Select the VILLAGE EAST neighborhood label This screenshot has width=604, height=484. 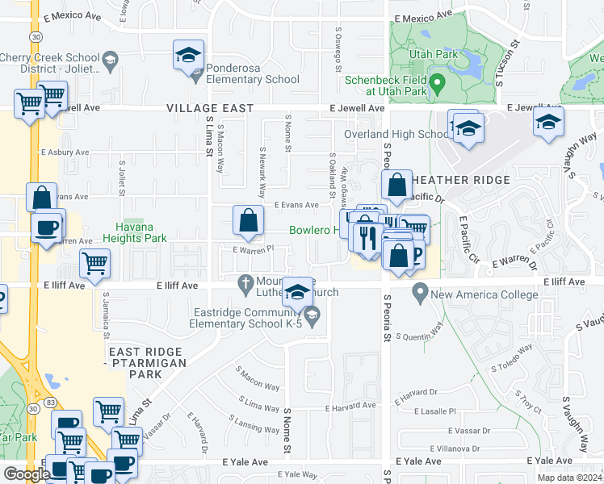(x=210, y=108)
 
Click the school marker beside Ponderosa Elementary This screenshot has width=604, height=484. (x=188, y=56)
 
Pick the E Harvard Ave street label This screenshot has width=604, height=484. (x=351, y=406)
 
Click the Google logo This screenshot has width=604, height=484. (x=27, y=474)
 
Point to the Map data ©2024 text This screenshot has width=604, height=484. (x=569, y=478)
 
